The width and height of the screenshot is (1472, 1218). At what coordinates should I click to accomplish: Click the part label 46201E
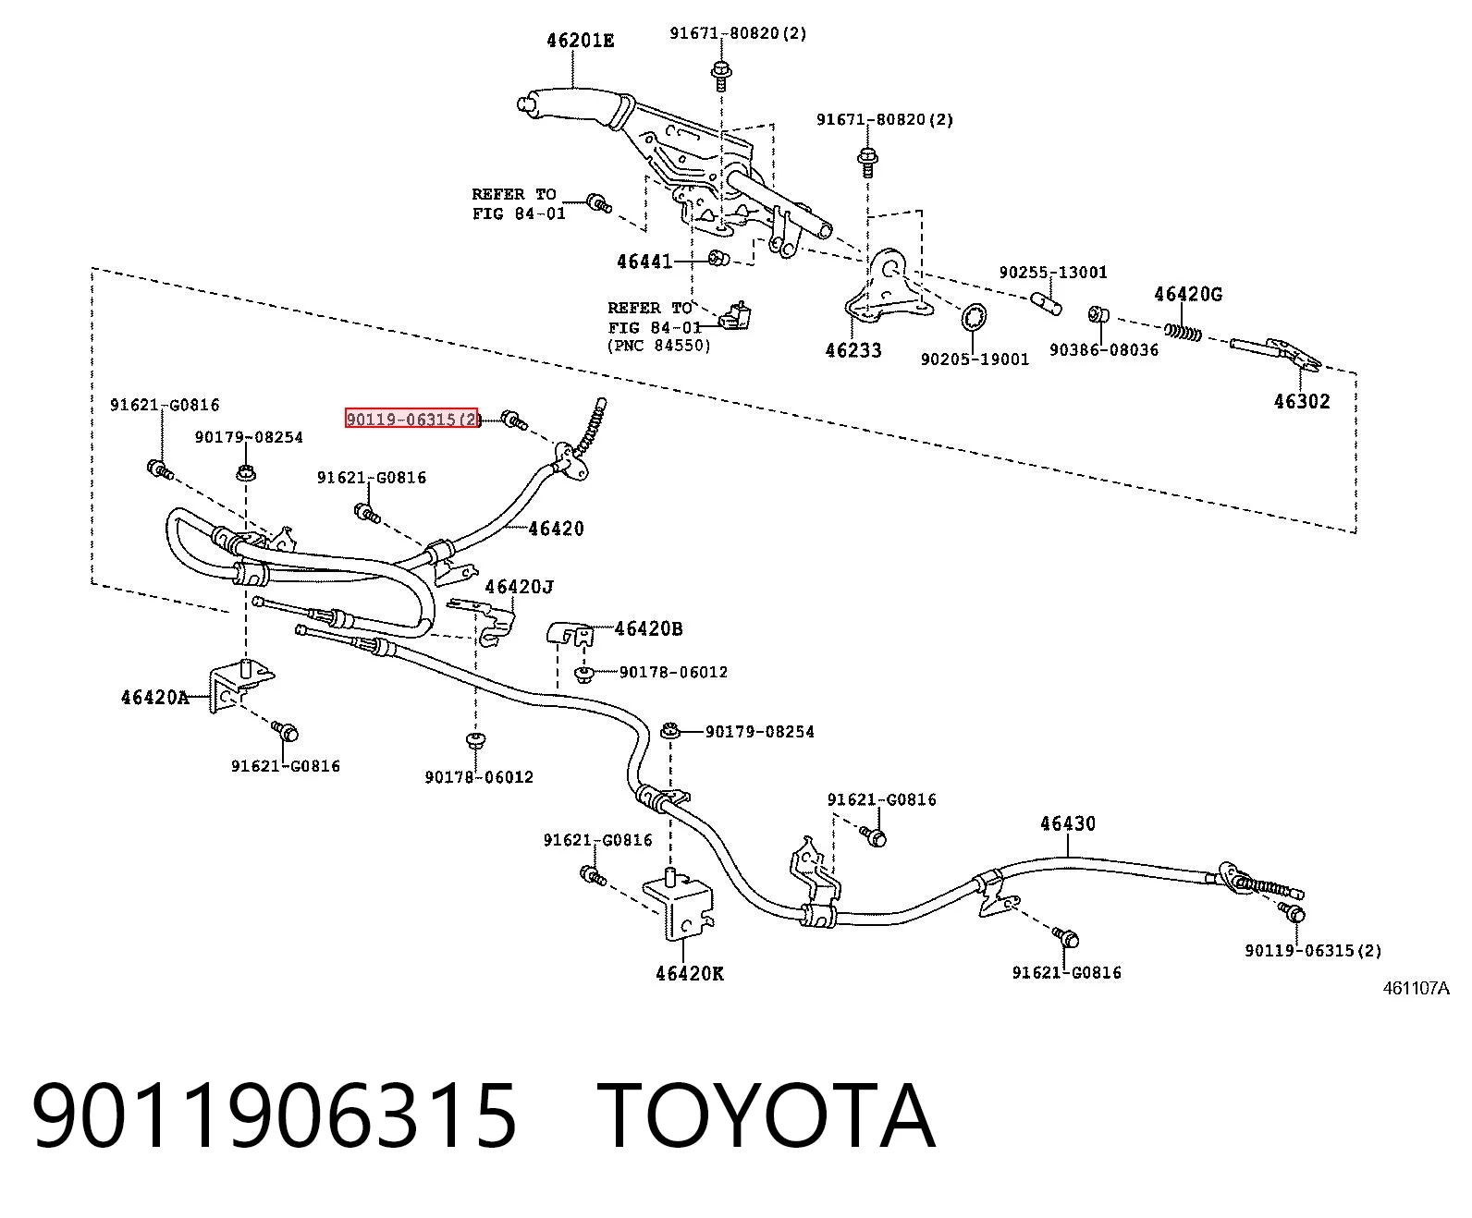tap(580, 41)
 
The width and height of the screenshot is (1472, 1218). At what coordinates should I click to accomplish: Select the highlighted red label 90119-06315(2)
tap(411, 419)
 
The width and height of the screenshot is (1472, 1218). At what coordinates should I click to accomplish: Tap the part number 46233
tap(853, 350)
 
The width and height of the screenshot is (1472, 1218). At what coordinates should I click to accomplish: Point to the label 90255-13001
tap(1053, 272)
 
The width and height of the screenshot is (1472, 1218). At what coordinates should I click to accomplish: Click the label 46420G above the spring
tap(1188, 294)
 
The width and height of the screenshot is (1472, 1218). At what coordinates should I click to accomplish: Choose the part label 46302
tap(1301, 401)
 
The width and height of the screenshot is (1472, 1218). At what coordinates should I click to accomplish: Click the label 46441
tap(644, 262)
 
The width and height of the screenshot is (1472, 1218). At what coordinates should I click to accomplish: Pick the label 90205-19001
tap(975, 359)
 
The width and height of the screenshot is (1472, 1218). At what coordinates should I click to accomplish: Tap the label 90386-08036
tap(1104, 349)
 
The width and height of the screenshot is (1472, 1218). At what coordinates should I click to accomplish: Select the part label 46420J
tap(520, 586)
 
